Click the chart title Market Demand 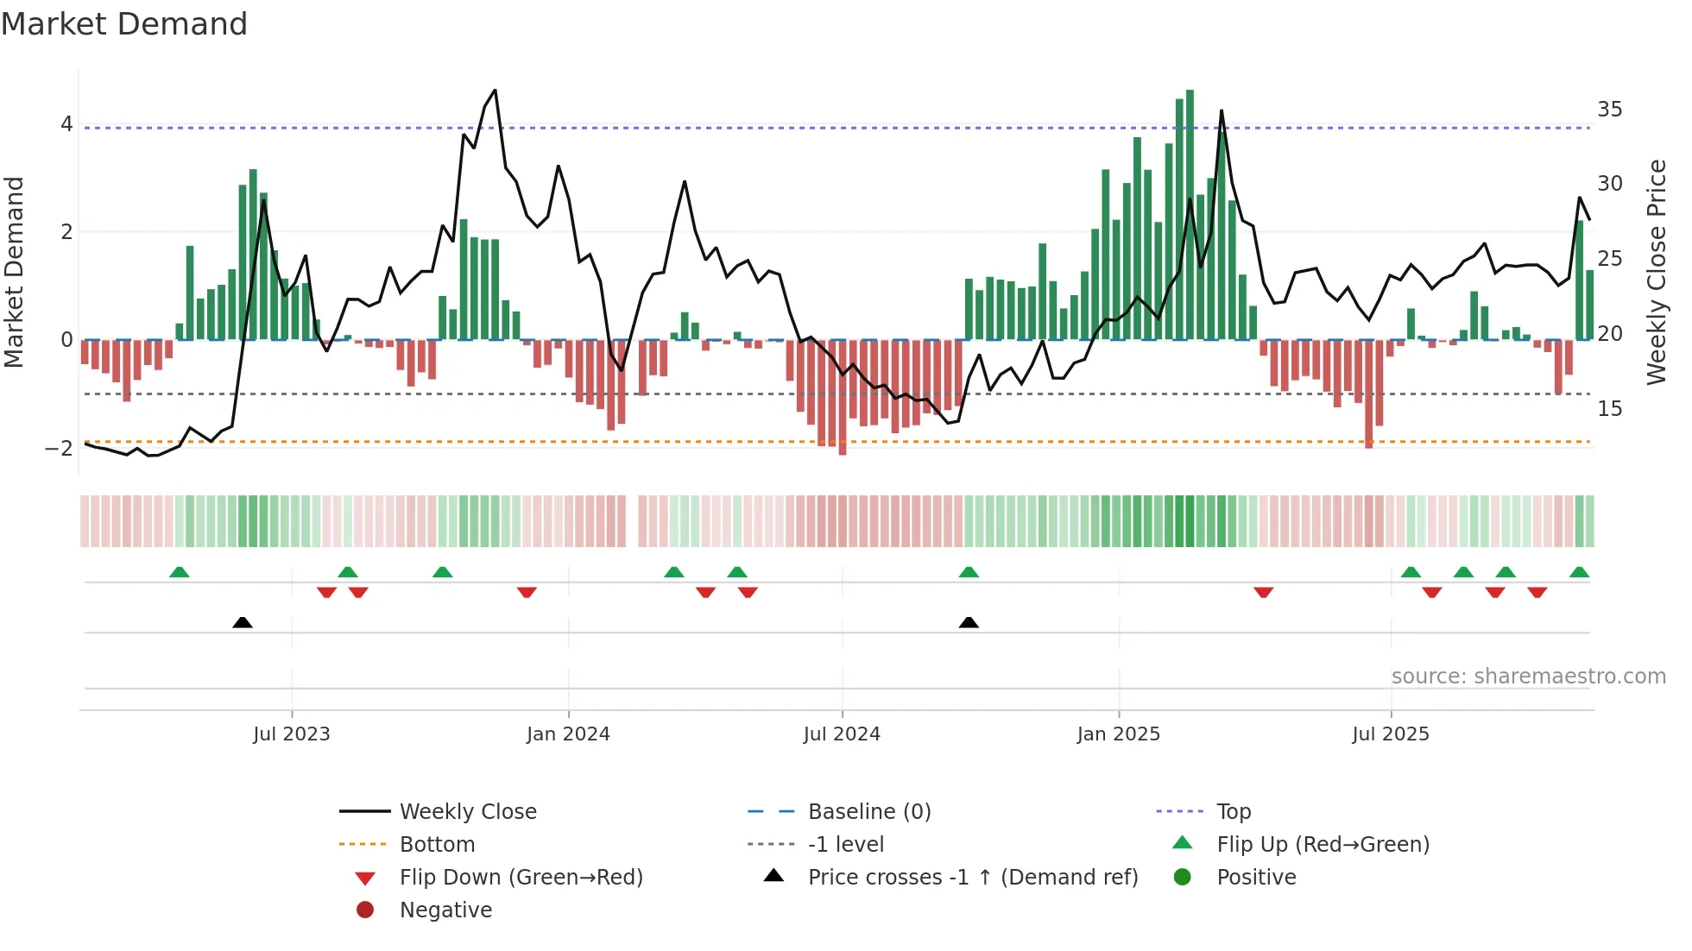[x=124, y=24]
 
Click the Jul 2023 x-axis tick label [x=291, y=734]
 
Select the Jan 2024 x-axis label [x=568, y=734]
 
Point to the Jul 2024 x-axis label [x=842, y=734]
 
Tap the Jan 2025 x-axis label [x=1118, y=734]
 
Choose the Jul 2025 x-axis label [x=1391, y=734]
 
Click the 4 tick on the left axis [x=66, y=124]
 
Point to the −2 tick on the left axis [x=60, y=448]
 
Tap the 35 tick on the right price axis [x=1609, y=110]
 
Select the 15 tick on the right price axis [x=1609, y=409]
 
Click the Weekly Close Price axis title [x=1656, y=272]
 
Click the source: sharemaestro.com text [x=1528, y=677]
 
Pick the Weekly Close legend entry [x=467, y=812]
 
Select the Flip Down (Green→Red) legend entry [x=521, y=878]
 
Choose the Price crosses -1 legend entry [x=972, y=878]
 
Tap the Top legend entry [x=1233, y=812]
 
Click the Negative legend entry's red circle [x=365, y=910]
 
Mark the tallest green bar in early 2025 [x=1190, y=216]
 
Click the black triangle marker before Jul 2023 [x=243, y=622]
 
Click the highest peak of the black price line [x=495, y=90]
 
